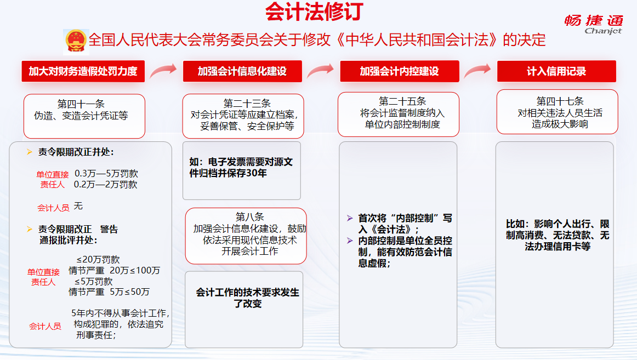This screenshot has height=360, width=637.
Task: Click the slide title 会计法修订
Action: pos(314,12)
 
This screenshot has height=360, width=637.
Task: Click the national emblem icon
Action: pos(76,42)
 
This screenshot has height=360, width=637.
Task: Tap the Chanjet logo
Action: pos(594,24)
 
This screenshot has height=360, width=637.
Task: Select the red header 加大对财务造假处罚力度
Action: pos(83,71)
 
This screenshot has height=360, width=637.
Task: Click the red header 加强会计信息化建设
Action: pos(242,71)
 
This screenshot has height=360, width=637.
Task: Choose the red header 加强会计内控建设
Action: pos(399,71)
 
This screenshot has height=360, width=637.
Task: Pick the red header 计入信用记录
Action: pos(556,71)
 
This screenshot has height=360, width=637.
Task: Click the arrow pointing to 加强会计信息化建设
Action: pos(163,71)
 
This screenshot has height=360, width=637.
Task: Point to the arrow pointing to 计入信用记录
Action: pos(477,71)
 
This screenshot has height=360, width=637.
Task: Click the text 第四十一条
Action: pos(81,104)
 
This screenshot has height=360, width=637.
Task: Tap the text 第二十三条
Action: pos(247,104)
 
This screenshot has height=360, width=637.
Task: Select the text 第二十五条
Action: pos(402,101)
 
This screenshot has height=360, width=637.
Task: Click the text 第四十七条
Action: pos(560,101)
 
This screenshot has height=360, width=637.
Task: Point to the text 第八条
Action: pos(250,217)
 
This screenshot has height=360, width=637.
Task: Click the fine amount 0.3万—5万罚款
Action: pos(106,174)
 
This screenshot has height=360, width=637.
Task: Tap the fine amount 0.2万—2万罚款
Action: pos(106,185)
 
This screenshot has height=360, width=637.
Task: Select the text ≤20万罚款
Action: pos(98,259)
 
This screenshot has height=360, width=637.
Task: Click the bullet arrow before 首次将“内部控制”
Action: pos(350,218)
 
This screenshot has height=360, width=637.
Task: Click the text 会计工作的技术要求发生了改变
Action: pos(247,298)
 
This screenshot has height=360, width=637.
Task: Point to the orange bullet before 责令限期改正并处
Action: pos(29,152)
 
